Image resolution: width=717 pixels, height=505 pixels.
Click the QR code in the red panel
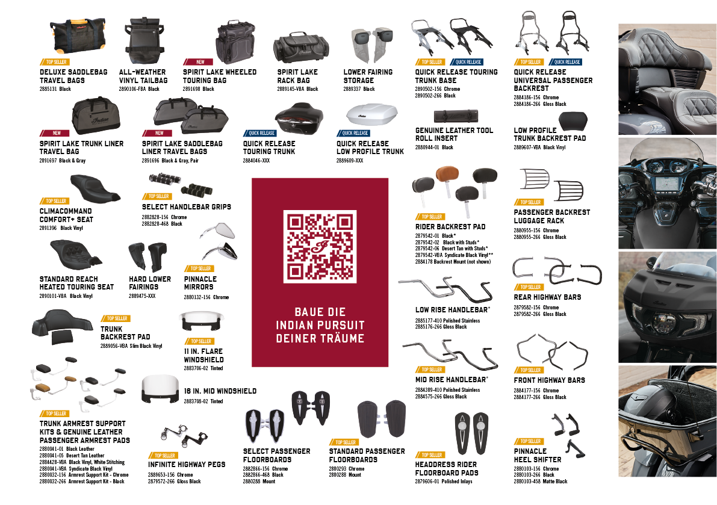pyautogui.click(x=320, y=246)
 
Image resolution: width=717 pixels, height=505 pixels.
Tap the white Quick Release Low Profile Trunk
pyautogui.click(x=371, y=115)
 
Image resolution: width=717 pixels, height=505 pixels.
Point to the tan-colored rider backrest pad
pyautogui.click(x=447, y=176)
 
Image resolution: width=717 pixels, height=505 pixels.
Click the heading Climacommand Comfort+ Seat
pyautogui.click(x=66, y=215)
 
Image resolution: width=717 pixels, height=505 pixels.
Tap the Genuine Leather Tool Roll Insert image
pyautogui.click(x=456, y=116)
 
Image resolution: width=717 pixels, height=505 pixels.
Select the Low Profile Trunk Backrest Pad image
pyautogui.click(x=573, y=120)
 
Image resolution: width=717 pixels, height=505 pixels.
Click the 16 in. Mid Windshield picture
pyautogui.click(x=160, y=389)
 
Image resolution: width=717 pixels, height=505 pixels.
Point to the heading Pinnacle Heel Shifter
pyautogui.click(x=537, y=455)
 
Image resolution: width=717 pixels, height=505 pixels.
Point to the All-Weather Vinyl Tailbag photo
pyautogui.click(x=144, y=42)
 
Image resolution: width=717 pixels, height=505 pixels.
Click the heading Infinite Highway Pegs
pyautogui.click(x=187, y=464)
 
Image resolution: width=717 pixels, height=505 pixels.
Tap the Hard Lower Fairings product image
pyautogui.click(x=147, y=257)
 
